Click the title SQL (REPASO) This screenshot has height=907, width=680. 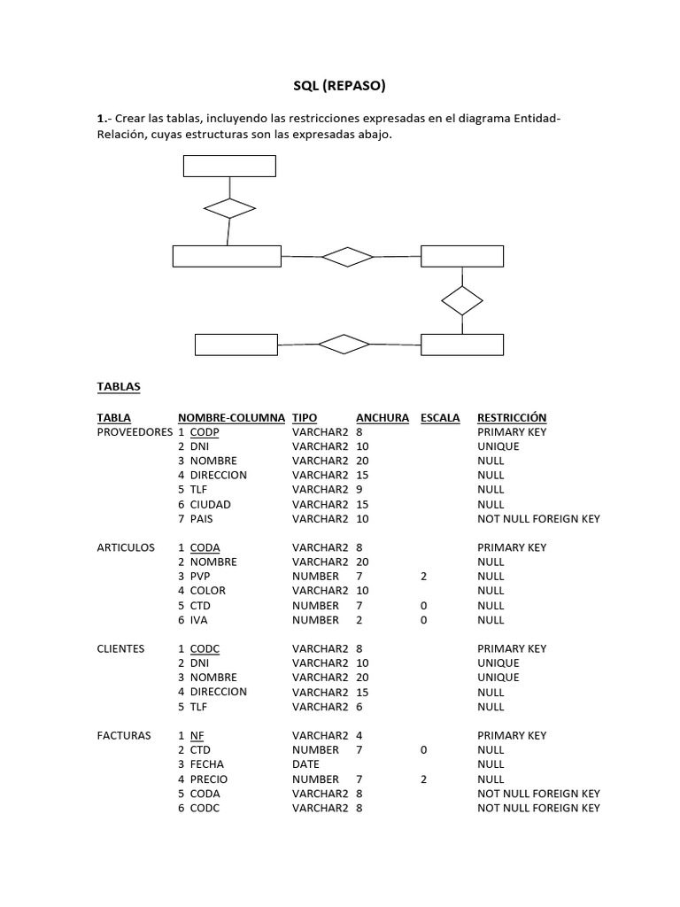[x=339, y=86]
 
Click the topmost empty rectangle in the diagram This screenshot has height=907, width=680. [x=229, y=166]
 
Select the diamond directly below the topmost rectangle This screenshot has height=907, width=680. [x=229, y=208]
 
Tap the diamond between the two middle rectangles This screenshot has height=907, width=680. [x=348, y=257]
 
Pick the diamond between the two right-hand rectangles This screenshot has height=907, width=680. [x=462, y=300]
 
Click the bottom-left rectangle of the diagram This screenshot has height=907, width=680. [x=236, y=344]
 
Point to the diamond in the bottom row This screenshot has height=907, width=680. [x=344, y=344]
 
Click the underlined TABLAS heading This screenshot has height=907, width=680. [x=118, y=387]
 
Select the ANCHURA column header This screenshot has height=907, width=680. [x=382, y=417]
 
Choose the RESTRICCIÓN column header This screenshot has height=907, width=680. [x=512, y=417]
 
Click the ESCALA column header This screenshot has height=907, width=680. [x=440, y=417]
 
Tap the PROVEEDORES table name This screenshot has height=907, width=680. [x=135, y=432]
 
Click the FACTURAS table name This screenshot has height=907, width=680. [x=123, y=735]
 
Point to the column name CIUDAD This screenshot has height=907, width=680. [x=210, y=504]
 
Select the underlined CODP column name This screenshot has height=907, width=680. [x=205, y=432]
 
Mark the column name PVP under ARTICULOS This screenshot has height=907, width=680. [x=202, y=576]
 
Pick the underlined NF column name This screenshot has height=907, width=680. [x=197, y=735]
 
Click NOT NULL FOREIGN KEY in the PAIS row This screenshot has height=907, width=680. [x=538, y=518]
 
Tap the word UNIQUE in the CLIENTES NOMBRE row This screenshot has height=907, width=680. [x=498, y=678]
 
